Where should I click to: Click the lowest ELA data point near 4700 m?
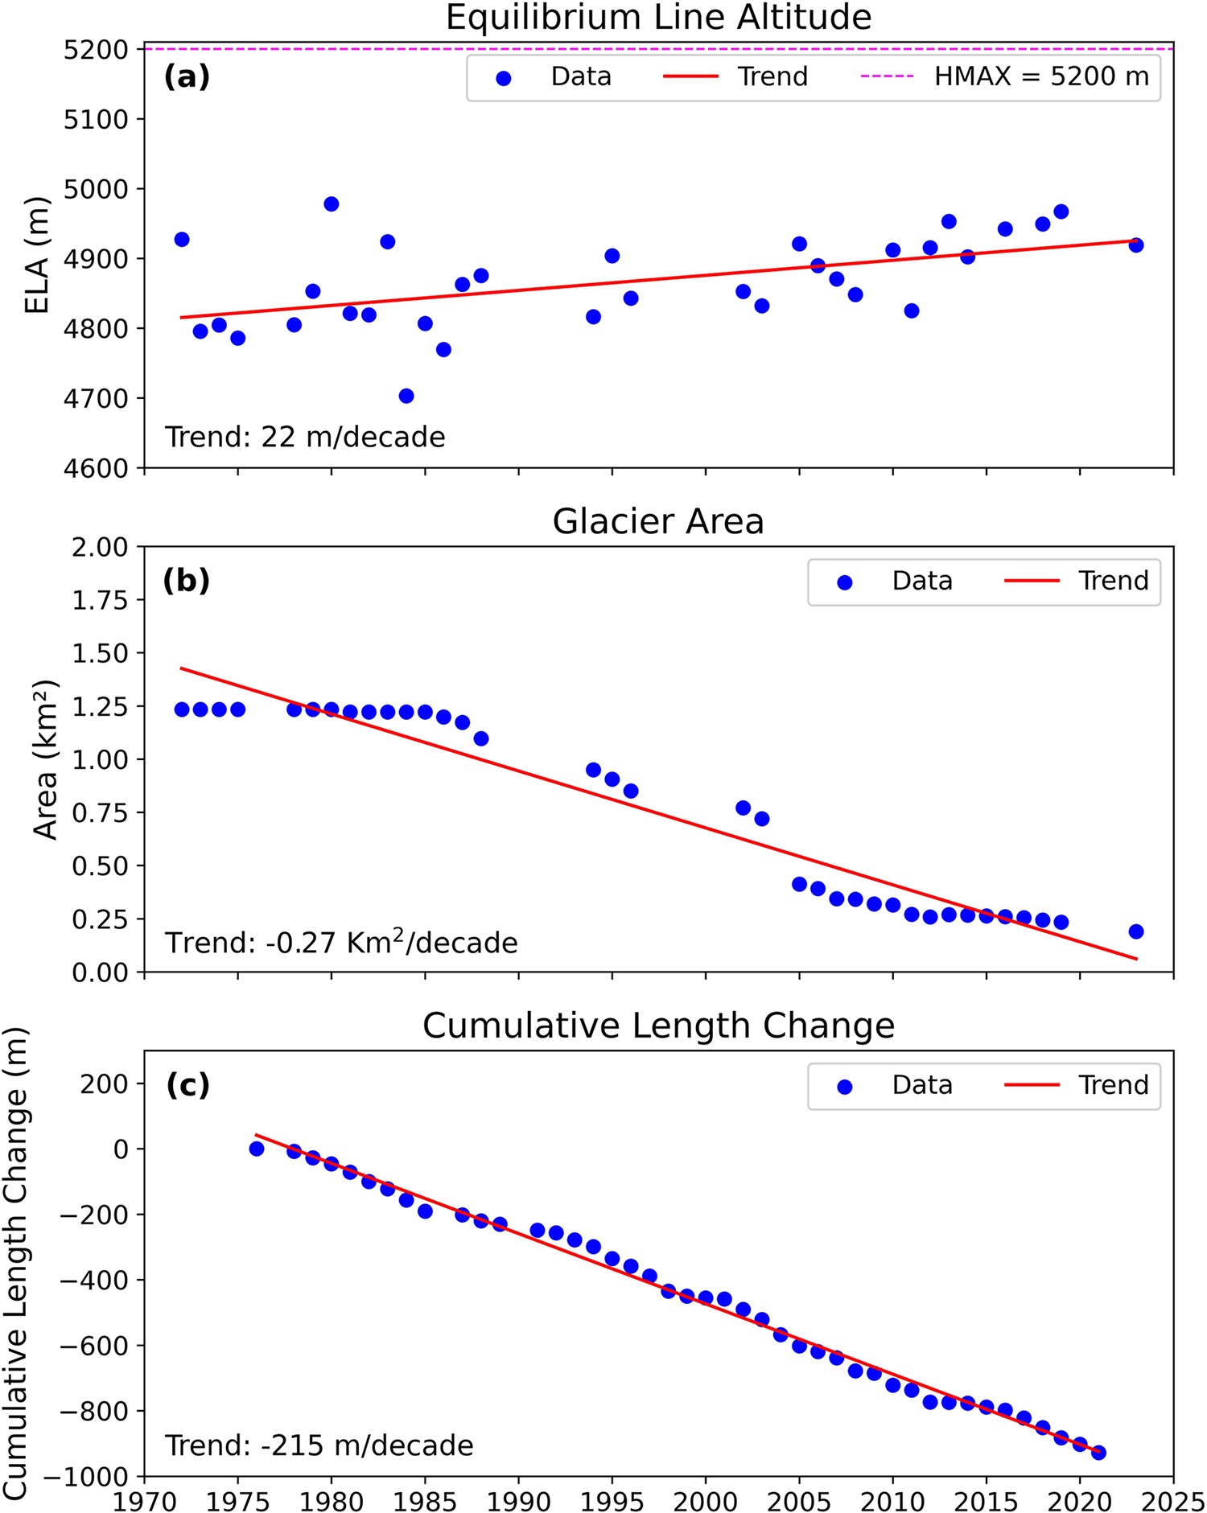pyautogui.click(x=406, y=396)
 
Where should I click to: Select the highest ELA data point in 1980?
pyautogui.click(x=332, y=204)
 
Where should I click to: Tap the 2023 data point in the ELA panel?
pyautogui.click(x=1136, y=245)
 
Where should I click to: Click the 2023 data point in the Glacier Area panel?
pyautogui.click(x=1136, y=931)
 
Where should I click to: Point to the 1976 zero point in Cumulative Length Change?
pyautogui.click(x=257, y=1149)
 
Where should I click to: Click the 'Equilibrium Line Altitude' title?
pyautogui.click(x=658, y=18)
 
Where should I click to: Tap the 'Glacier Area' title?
pyautogui.click(x=658, y=521)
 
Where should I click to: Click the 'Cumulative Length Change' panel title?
pyautogui.click(x=658, y=1026)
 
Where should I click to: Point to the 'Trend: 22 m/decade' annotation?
pyautogui.click(x=305, y=437)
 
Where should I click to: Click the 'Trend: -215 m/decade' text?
pyautogui.click(x=319, y=1445)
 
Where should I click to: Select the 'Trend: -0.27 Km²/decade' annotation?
pyautogui.click(x=341, y=942)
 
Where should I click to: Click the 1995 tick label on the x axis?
pyautogui.click(x=612, y=1500)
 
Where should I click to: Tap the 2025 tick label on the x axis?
pyautogui.click(x=1172, y=1500)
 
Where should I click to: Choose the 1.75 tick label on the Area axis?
pyautogui.click(x=100, y=600)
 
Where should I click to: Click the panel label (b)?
pyautogui.click(x=187, y=580)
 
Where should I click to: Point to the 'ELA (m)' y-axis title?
pyautogui.click(x=36, y=255)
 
